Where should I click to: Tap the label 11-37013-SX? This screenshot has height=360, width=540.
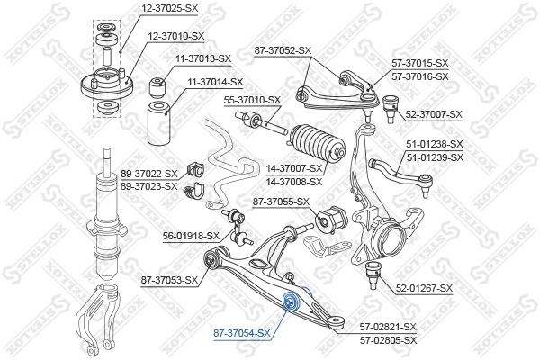(203, 58)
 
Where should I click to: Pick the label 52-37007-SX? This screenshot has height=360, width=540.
(434, 114)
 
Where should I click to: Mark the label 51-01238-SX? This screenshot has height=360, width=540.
(434, 144)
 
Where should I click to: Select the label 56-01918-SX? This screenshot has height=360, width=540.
(191, 236)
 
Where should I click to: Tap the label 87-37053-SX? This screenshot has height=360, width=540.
(169, 280)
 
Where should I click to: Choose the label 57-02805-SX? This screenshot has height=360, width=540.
(389, 340)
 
